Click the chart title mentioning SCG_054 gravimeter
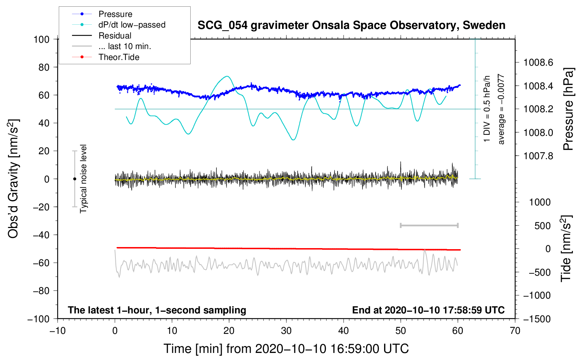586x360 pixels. coord(351,25)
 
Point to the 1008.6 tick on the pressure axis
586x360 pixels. coord(538,62)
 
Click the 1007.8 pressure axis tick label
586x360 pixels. coord(538,156)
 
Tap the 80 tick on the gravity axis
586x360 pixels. coord(44,67)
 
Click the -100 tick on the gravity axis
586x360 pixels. coord(38,319)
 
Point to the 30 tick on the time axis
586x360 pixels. coord(286,331)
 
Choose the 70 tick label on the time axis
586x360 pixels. coord(515,331)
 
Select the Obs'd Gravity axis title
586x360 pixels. coord(13,179)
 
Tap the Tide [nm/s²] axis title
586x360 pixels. coord(566,248)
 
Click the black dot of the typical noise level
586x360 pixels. coord(74,179)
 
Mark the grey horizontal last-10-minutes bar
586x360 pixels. coord(429,225)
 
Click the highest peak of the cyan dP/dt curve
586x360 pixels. coord(227,76)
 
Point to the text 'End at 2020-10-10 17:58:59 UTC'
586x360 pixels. coord(428,310)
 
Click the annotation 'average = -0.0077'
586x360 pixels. coord(501,109)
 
